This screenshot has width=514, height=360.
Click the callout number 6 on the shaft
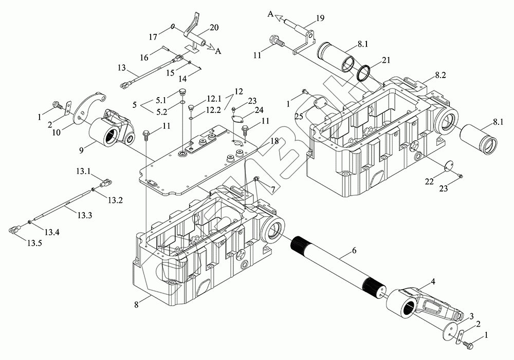pyautogui.click(x=354, y=251)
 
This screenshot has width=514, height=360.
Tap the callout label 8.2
pyautogui.click(x=440, y=75)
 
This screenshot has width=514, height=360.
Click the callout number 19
pyautogui.click(x=320, y=18)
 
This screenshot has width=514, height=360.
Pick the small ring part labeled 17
pyautogui.click(x=173, y=27)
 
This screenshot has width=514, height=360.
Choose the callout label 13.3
pyautogui.click(x=85, y=215)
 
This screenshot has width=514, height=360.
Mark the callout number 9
pyautogui.click(x=82, y=149)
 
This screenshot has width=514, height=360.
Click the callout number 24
pyautogui.click(x=259, y=109)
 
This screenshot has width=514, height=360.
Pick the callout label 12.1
pyautogui.click(x=214, y=98)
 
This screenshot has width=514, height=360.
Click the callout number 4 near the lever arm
pyautogui.click(x=433, y=281)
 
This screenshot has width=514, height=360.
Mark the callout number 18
pyautogui.click(x=274, y=141)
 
